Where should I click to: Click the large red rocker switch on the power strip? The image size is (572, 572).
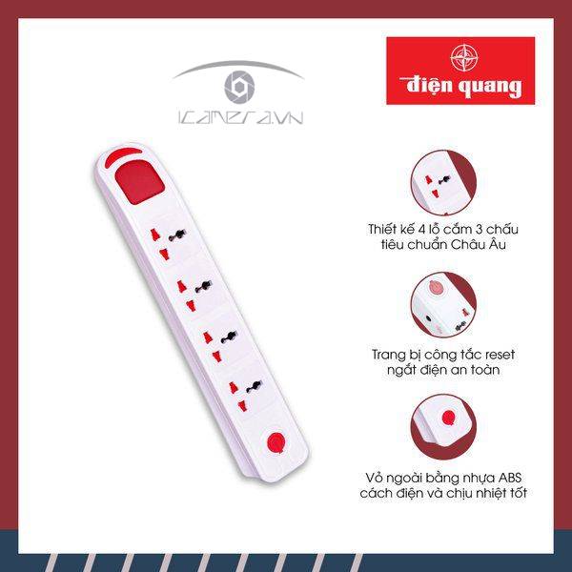pyautogui.click(x=139, y=181)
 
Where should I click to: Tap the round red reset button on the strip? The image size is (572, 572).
pyautogui.click(x=276, y=442)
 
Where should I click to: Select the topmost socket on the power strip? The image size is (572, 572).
pyautogui.click(x=168, y=241)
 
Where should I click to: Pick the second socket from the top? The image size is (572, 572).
pyautogui.click(x=194, y=293)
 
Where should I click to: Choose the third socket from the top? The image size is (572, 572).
pyautogui.click(x=219, y=344)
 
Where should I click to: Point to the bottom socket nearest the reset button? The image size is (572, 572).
pyautogui.click(x=245, y=395)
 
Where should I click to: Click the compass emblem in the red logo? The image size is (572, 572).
pyautogui.click(x=464, y=57)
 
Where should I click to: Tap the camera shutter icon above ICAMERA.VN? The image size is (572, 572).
pyautogui.click(x=239, y=87)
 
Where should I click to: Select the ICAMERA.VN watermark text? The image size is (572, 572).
pyautogui.click(x=241, y=117)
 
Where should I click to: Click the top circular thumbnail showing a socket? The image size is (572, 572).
pyautogui.click(x=443, y=183)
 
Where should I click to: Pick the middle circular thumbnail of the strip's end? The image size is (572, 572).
pyautogui.click(x=443, y=306)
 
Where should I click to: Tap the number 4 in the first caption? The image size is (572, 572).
pyautogui.click(x=422, y=230)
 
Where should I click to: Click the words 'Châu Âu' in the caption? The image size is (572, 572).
pyautogui.click(x=479, y=244)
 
